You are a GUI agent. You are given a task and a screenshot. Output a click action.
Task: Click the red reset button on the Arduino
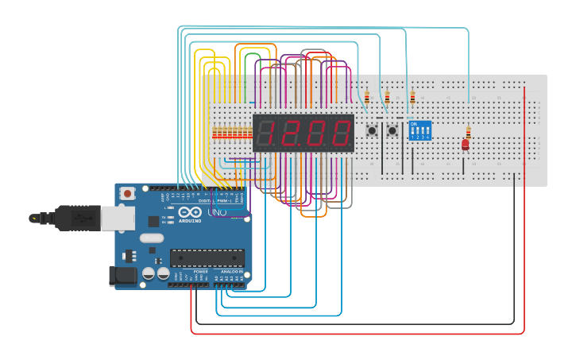[x=127, y=193]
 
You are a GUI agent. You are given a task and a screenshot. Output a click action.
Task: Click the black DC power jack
[x=122, y=276]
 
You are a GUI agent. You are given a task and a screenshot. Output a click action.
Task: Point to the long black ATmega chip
[x=207, y=257]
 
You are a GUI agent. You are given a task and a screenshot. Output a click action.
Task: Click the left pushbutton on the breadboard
[x=371, y=130]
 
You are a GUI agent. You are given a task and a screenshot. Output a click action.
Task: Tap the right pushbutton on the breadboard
[x=392, y=130]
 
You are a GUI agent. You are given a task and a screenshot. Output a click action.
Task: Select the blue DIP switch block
[x=419, y=130]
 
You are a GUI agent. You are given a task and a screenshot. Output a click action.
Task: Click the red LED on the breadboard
[x=465, y=145]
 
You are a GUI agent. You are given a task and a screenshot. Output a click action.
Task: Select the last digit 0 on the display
[x=340, y=133]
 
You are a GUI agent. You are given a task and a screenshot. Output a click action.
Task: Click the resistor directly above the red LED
[x=468, y=132]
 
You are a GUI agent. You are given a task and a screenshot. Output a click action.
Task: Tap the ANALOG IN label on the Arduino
[x=230, y=271]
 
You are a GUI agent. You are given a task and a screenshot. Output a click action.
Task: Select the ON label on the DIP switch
[x=413, y=124]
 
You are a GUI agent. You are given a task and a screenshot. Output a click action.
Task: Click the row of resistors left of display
[x=231, y=133]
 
